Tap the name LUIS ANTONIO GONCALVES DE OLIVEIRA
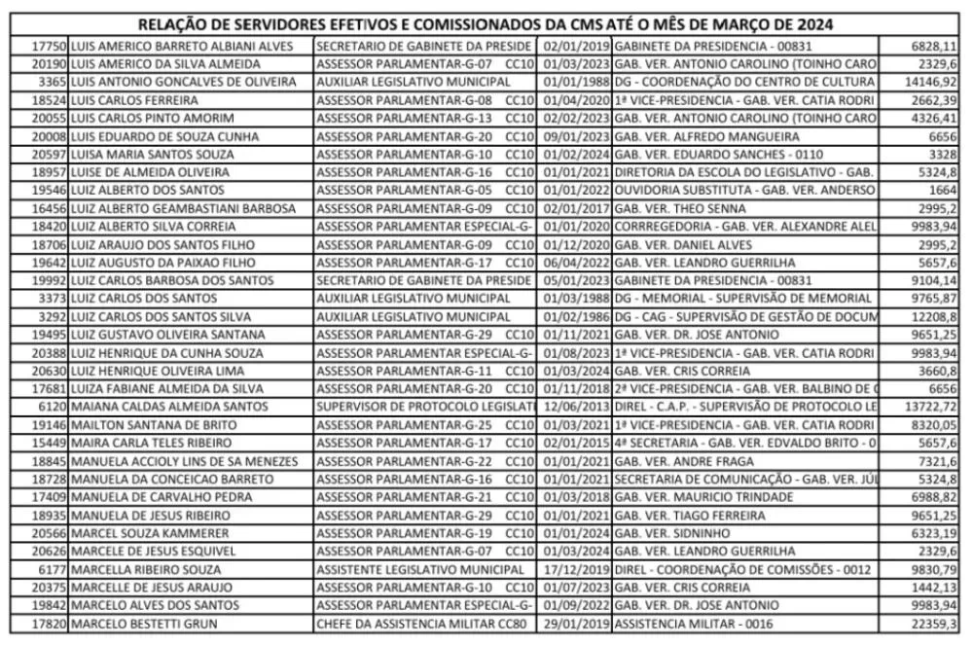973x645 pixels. point(176,82)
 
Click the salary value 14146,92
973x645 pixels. point(935,82)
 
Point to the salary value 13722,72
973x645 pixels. point(935,405)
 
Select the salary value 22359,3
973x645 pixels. point(938,624)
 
